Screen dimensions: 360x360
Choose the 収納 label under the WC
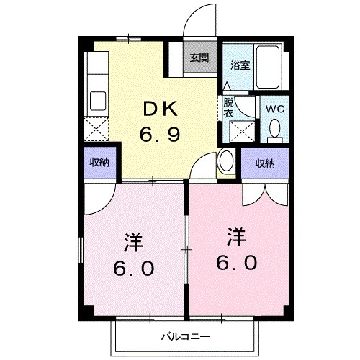coord(264,163)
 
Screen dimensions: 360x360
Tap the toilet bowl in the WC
coord(274,130)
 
